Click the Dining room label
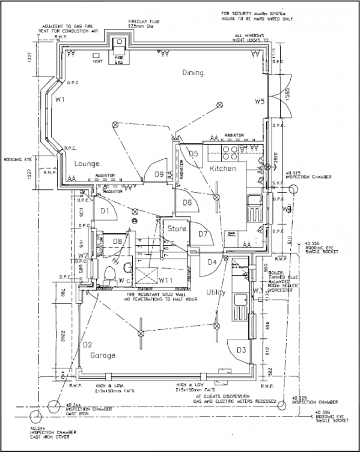pyautogui.click(x=194, y=73)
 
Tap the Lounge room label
pyautogui.click(x=88, y=163)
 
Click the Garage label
pyautogui.click(x=103, y=356)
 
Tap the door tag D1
pyautogui.click(x=103, y=210)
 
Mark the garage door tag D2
pyautogui.click(x=87, y=344)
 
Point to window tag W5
pyautogui.click(x=259, y=102)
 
